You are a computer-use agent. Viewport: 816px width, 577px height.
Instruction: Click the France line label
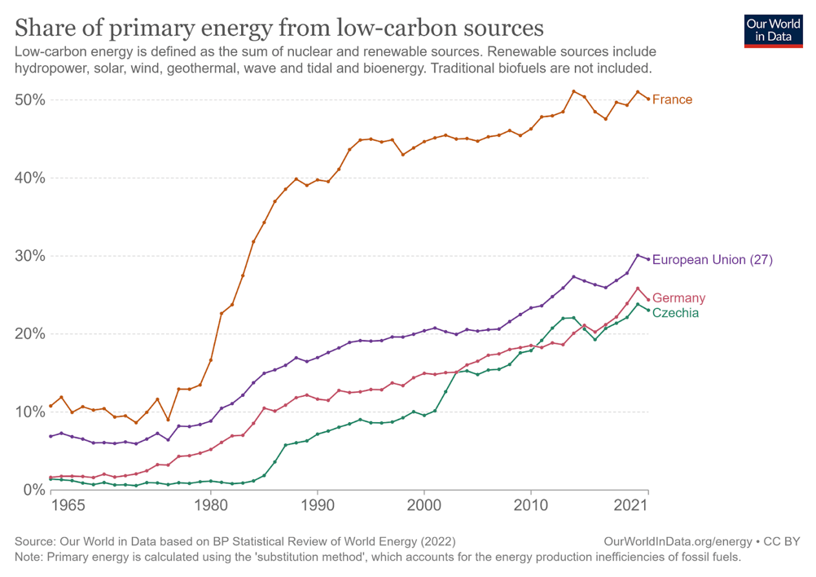(x=672, y=99)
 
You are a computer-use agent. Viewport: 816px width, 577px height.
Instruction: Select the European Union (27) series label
(x=713, y=260)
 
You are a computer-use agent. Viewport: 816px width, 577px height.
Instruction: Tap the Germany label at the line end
(x=678, y=298)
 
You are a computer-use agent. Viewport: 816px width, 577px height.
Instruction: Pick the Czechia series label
(x=675, y=313)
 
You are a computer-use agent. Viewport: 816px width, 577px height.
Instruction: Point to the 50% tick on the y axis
(x=29, y=100)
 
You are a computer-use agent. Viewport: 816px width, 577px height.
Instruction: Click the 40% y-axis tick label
(x=29, y=178)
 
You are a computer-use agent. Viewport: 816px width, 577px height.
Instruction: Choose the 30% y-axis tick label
(x=29, y=256)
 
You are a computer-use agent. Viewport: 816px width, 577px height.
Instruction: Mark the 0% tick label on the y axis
(x=33, y=489)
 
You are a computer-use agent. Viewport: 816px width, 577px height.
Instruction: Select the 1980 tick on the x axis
(x=211, y=504)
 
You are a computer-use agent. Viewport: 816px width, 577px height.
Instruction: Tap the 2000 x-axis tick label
(x=424, y=504)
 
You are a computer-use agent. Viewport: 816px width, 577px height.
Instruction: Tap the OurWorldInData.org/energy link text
(x=678, y=541)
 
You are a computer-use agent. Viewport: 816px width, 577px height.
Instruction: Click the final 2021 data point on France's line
(x=648, y=99)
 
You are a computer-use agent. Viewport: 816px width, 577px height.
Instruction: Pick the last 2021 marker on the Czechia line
(x=648, y=311)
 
